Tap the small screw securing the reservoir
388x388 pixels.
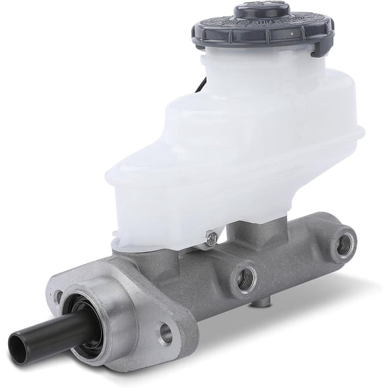(x=210, y=236)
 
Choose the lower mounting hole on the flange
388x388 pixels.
(x=166, y=332)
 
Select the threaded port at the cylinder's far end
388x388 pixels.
(x=346, y=239)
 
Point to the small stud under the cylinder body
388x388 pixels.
(x=257, y=305)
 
